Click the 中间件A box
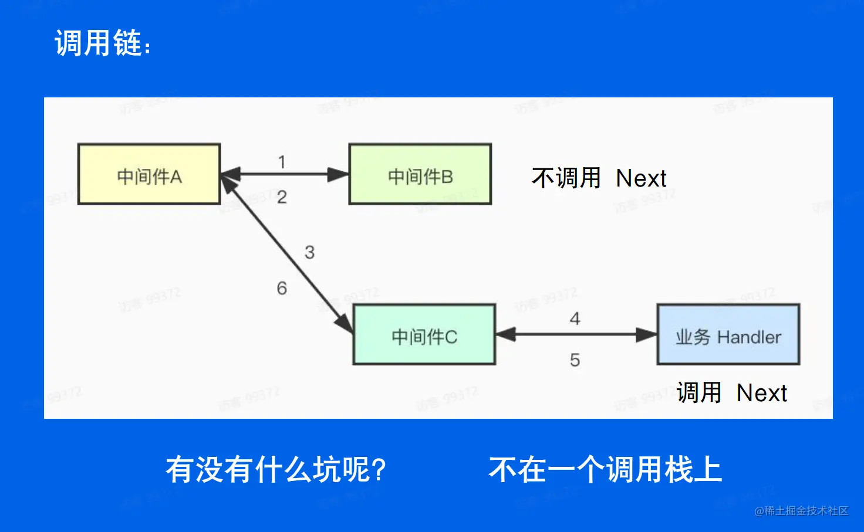point(149,174)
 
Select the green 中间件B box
point(420,174)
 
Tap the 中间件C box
point(424,335)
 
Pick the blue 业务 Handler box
point(728,335)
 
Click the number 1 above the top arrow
point(282,162)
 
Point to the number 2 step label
point(282,197)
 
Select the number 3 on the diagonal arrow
point(309,252)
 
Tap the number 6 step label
point(282,288)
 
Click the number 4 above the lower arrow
point(575,318)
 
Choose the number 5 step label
point(575,360)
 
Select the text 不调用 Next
point(599,178)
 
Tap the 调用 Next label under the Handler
point(731,393)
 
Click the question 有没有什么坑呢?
point(276,470)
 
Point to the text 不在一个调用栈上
point(605,470)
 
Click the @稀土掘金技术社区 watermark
point(801,511)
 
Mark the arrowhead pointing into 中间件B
point(339,174)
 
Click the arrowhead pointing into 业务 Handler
point(646,335)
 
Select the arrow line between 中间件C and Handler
point(575,335)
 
